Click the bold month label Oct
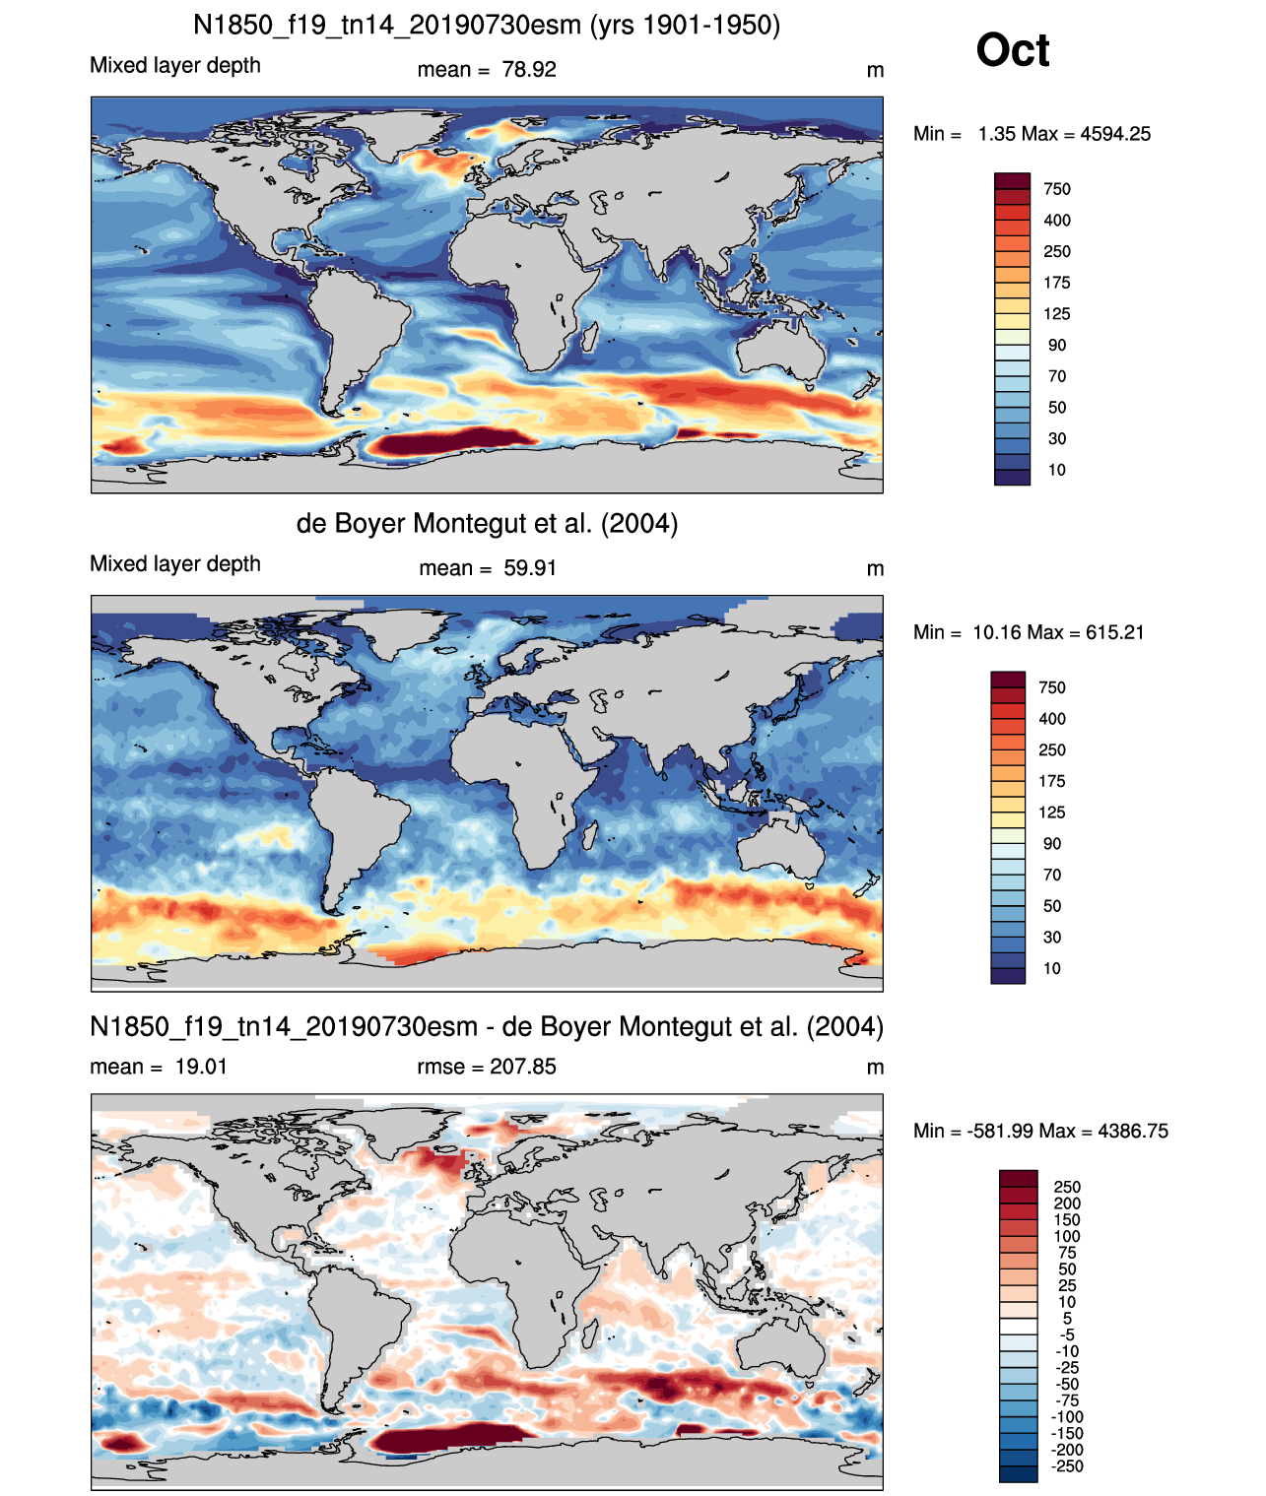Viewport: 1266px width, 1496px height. click(1012, 50)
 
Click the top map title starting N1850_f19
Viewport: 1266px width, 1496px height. click(487, 26)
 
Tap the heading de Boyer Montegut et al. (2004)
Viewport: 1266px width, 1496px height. click(487, 523)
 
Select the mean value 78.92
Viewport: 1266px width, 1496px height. click(529, 70)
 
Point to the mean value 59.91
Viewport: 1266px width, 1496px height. click(530, 568)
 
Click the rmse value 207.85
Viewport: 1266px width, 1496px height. click(522, 1067)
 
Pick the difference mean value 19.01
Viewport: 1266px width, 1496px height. click(201, 1067)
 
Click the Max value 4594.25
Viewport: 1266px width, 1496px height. click(1115, 134)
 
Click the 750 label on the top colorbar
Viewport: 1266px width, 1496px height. click(1057, 189)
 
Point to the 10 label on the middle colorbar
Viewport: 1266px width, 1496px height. click(1052, 968)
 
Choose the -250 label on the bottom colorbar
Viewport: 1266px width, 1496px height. click(1067, 1466)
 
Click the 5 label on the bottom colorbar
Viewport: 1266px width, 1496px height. click(1067, 1318)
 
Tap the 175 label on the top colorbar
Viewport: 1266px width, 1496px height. click(1057, 283)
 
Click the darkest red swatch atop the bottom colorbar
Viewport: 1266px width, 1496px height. click(1018, 1178)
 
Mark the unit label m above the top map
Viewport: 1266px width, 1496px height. click(875, 70)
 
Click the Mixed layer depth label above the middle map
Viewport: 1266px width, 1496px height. click(175, 563)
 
